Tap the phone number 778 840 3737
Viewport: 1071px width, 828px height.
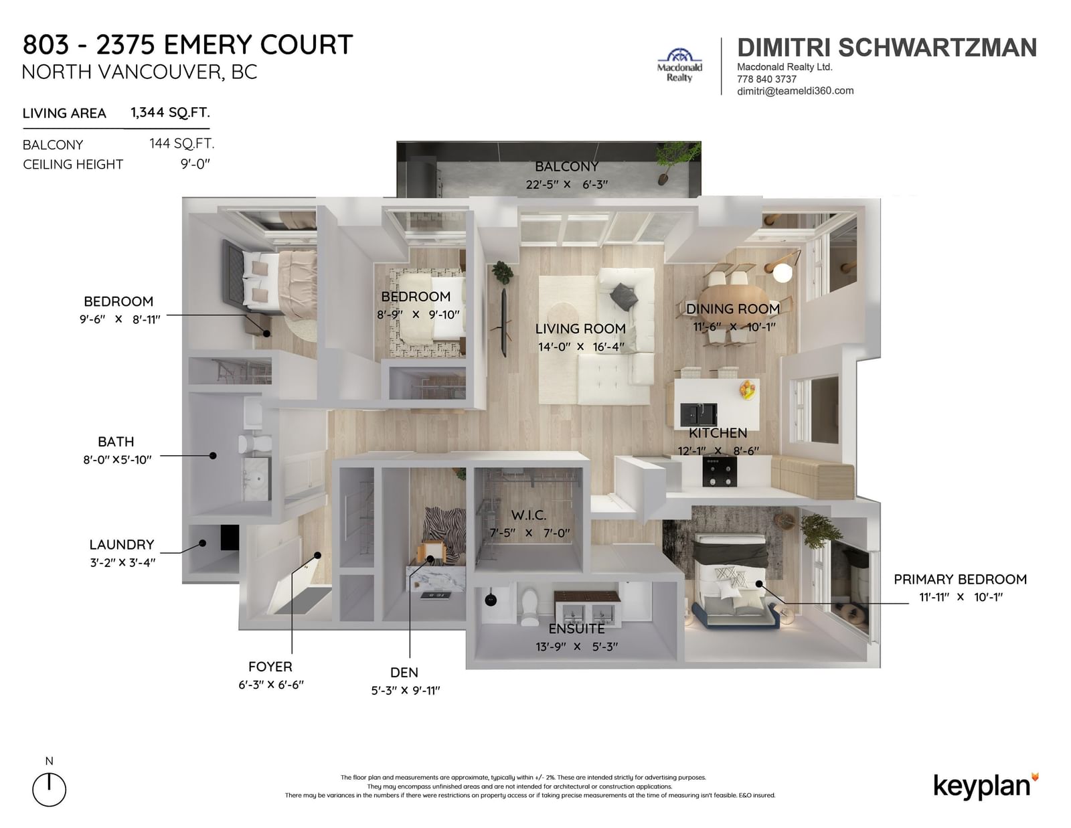[766, 79]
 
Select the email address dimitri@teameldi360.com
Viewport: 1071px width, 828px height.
[795, 90]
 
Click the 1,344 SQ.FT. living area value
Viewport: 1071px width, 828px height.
[170, 112]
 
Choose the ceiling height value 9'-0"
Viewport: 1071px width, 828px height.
[195, 163]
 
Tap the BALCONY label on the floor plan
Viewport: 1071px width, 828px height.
[566, 167]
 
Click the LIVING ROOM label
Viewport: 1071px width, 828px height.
[580, 329]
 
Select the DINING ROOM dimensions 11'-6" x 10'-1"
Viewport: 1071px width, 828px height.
[734, 327]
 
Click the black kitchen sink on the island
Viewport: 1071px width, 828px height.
[698, 414]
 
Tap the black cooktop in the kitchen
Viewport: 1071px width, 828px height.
[720, 471]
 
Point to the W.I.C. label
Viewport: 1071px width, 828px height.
[528, 515]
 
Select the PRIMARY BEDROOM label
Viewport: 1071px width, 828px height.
[960, 579]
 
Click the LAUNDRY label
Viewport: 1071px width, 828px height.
[122, 545]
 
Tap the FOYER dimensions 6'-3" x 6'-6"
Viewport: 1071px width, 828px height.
[271, 685]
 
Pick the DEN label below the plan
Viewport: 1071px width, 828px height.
[404, 672]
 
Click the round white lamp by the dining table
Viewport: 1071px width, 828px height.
[782, 273]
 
